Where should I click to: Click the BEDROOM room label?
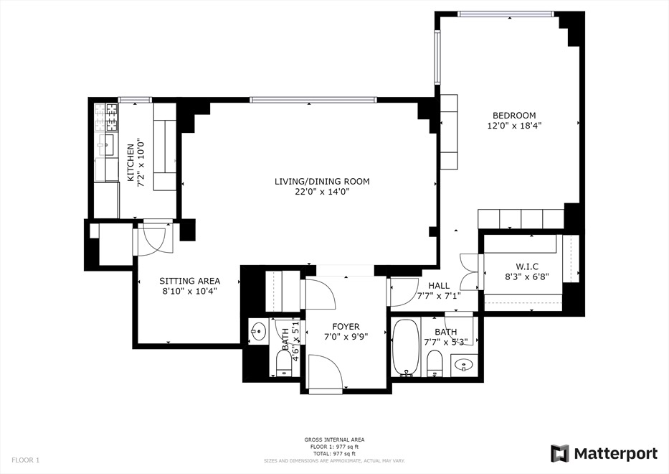pyautogui.click(x=513, y=116)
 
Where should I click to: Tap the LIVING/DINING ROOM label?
pyautogui.click(x=322, y=182)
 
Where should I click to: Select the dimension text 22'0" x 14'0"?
pyautogui.click(x=322, y=192)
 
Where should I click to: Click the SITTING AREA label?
pyautogui.click(x=189, y=281)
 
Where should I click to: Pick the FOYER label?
pyautogui.click(x=346, y=327)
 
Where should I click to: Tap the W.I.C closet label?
pyautogui.click(x=532, y=265)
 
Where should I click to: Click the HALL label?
pyautogui.click(x=439, y=285)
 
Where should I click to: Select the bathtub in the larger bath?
pyautogui.click(x=406, y=348)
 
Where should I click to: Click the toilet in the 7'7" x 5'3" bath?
pyautogui.click(x=434, y=364)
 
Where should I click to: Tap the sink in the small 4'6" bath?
pyautogui.click(x=259, y=333)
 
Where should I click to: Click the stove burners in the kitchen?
pyautogui.click(x=112, y=112)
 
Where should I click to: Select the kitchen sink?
pyautogui.click(x=110, y=145)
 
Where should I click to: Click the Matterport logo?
pyautogui.click(x=604, y=453)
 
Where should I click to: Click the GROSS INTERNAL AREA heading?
pyautogui.click(x=334, y=440)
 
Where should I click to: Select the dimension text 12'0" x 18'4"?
pyautogui.click(x=513, y=126)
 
